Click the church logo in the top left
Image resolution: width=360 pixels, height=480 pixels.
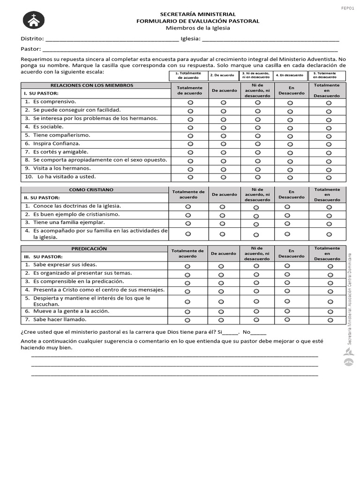pos(33,21)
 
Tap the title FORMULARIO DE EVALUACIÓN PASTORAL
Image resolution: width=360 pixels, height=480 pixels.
pos(197,21)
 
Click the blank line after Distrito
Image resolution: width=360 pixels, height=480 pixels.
pos(112,39)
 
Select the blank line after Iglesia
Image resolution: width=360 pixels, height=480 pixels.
pos(270,39)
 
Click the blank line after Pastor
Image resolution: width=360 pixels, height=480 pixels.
pos(190,49)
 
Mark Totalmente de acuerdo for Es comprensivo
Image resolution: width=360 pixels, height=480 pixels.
pos(190,103)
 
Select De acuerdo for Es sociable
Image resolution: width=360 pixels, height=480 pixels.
pos(224,127)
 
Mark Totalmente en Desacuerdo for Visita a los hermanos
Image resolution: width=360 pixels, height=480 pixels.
pos(329,170)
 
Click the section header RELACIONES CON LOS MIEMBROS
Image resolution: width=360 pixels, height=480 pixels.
pos(92,85)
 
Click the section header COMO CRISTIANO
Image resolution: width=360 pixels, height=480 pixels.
pos(91,190)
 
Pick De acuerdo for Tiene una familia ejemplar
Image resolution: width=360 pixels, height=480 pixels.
pos(223,224)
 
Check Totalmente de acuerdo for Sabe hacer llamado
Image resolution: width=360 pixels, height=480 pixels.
pos(187,321)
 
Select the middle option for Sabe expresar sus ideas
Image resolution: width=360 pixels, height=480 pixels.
pos(256,266)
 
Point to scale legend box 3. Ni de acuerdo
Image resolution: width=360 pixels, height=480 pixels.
pos(256,75)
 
